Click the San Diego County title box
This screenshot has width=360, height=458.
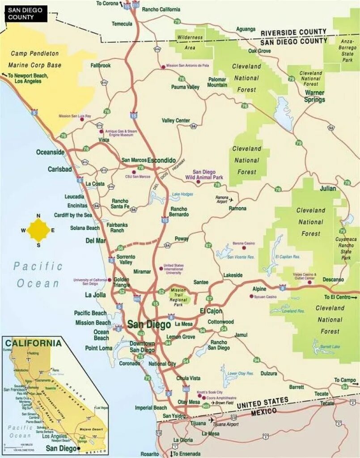(26, 14)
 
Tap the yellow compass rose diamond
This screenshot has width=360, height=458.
(38, 230)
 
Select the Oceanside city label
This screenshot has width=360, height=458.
(50, 152)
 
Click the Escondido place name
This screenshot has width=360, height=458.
(161, 160)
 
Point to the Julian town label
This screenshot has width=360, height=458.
(327, 188)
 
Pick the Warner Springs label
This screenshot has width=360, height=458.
(315, 96)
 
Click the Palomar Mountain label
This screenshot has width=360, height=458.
(217, 82)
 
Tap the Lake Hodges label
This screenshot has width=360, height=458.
(182, 194)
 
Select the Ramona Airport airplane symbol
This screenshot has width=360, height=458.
(231, 199)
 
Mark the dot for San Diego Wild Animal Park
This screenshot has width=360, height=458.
(198, 182)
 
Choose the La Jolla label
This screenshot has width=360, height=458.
(95, 295)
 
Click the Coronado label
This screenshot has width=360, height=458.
(129, 364)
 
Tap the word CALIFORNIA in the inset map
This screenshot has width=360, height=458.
(33, 343)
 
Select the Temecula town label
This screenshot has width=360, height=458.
(122, 24)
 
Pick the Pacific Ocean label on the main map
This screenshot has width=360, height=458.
(38, 274)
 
